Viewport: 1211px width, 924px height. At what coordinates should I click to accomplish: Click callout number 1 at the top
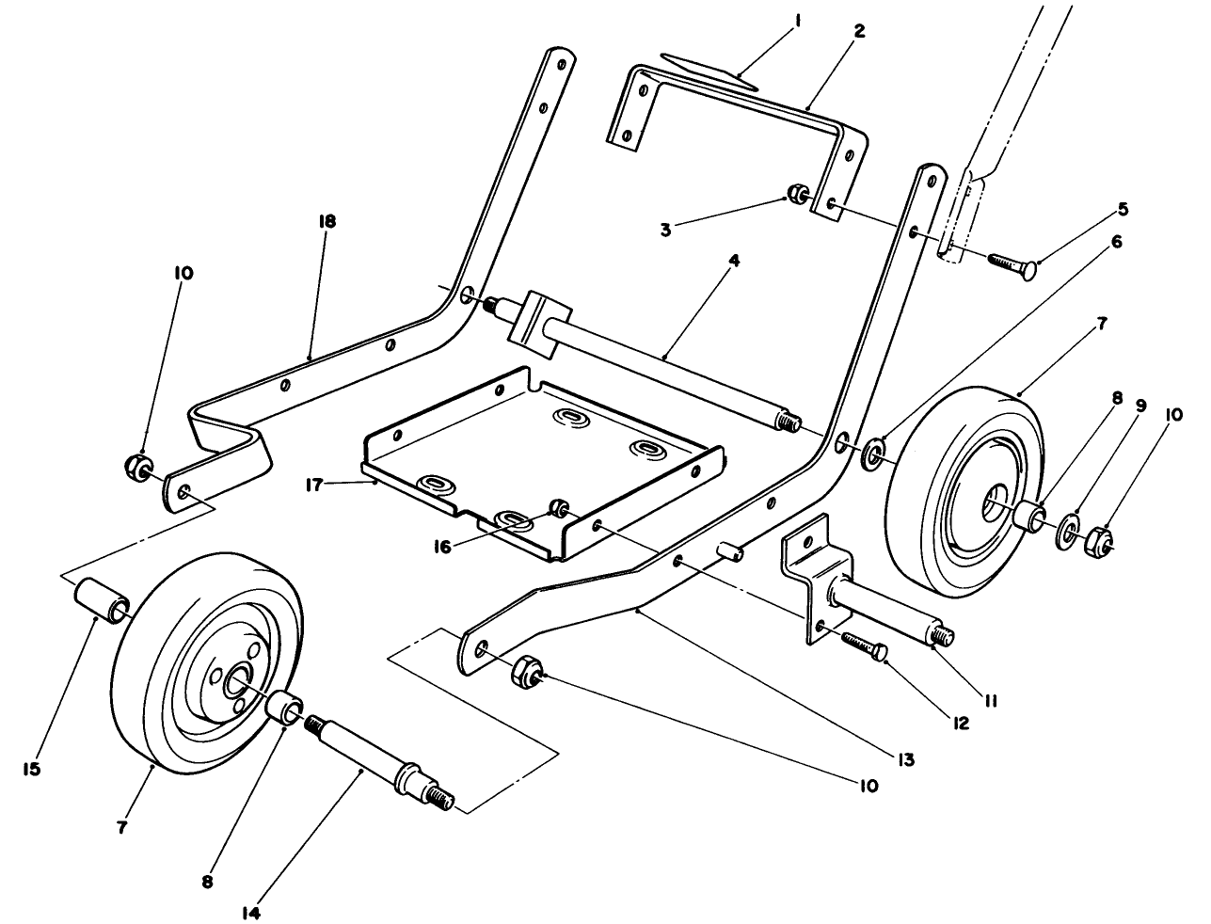coord(792,20)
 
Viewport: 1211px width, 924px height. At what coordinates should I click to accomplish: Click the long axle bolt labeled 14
coord(376,753)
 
